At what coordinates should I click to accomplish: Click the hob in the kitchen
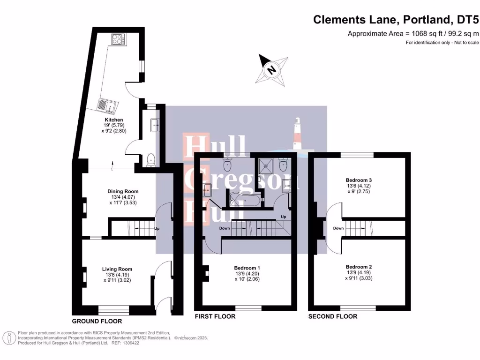(x=118, y=40)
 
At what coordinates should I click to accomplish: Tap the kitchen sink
(x=106, y=106)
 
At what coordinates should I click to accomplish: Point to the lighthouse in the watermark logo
(x=298, y=134)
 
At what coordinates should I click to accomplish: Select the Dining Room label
(x=123, y=191)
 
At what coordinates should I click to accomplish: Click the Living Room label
(x=117, y=269)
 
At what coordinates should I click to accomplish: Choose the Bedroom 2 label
(x=359, y=266)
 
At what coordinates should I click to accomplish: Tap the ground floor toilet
(x=150, y=160)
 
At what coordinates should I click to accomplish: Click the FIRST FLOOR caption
(x=215, y=317)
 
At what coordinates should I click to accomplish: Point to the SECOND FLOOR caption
(x=332, y=317)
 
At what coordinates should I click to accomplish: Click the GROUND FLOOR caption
(x=97, y=322)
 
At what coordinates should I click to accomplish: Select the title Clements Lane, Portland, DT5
(x=396, y=20)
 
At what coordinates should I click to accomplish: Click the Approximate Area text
(x=413, y=33)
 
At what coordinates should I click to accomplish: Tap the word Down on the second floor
(x=338, y=228)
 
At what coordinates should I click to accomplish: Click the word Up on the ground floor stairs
(x=157, y=229)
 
